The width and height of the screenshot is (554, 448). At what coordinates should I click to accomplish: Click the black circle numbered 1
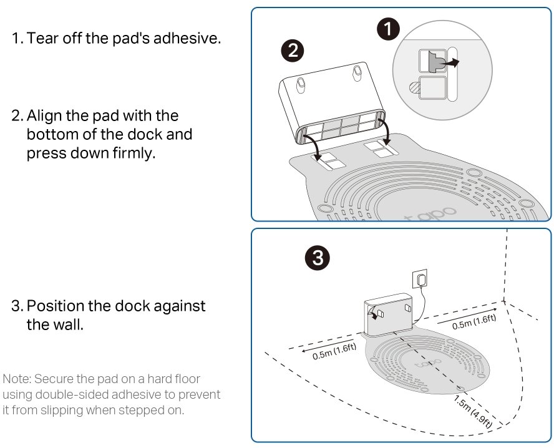click(389, 29)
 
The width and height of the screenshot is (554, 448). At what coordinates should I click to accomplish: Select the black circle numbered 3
click(317, 257)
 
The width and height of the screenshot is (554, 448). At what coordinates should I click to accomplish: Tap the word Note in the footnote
click(17, 379)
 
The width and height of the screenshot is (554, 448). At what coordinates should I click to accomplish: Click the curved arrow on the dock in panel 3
click(375, 311)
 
